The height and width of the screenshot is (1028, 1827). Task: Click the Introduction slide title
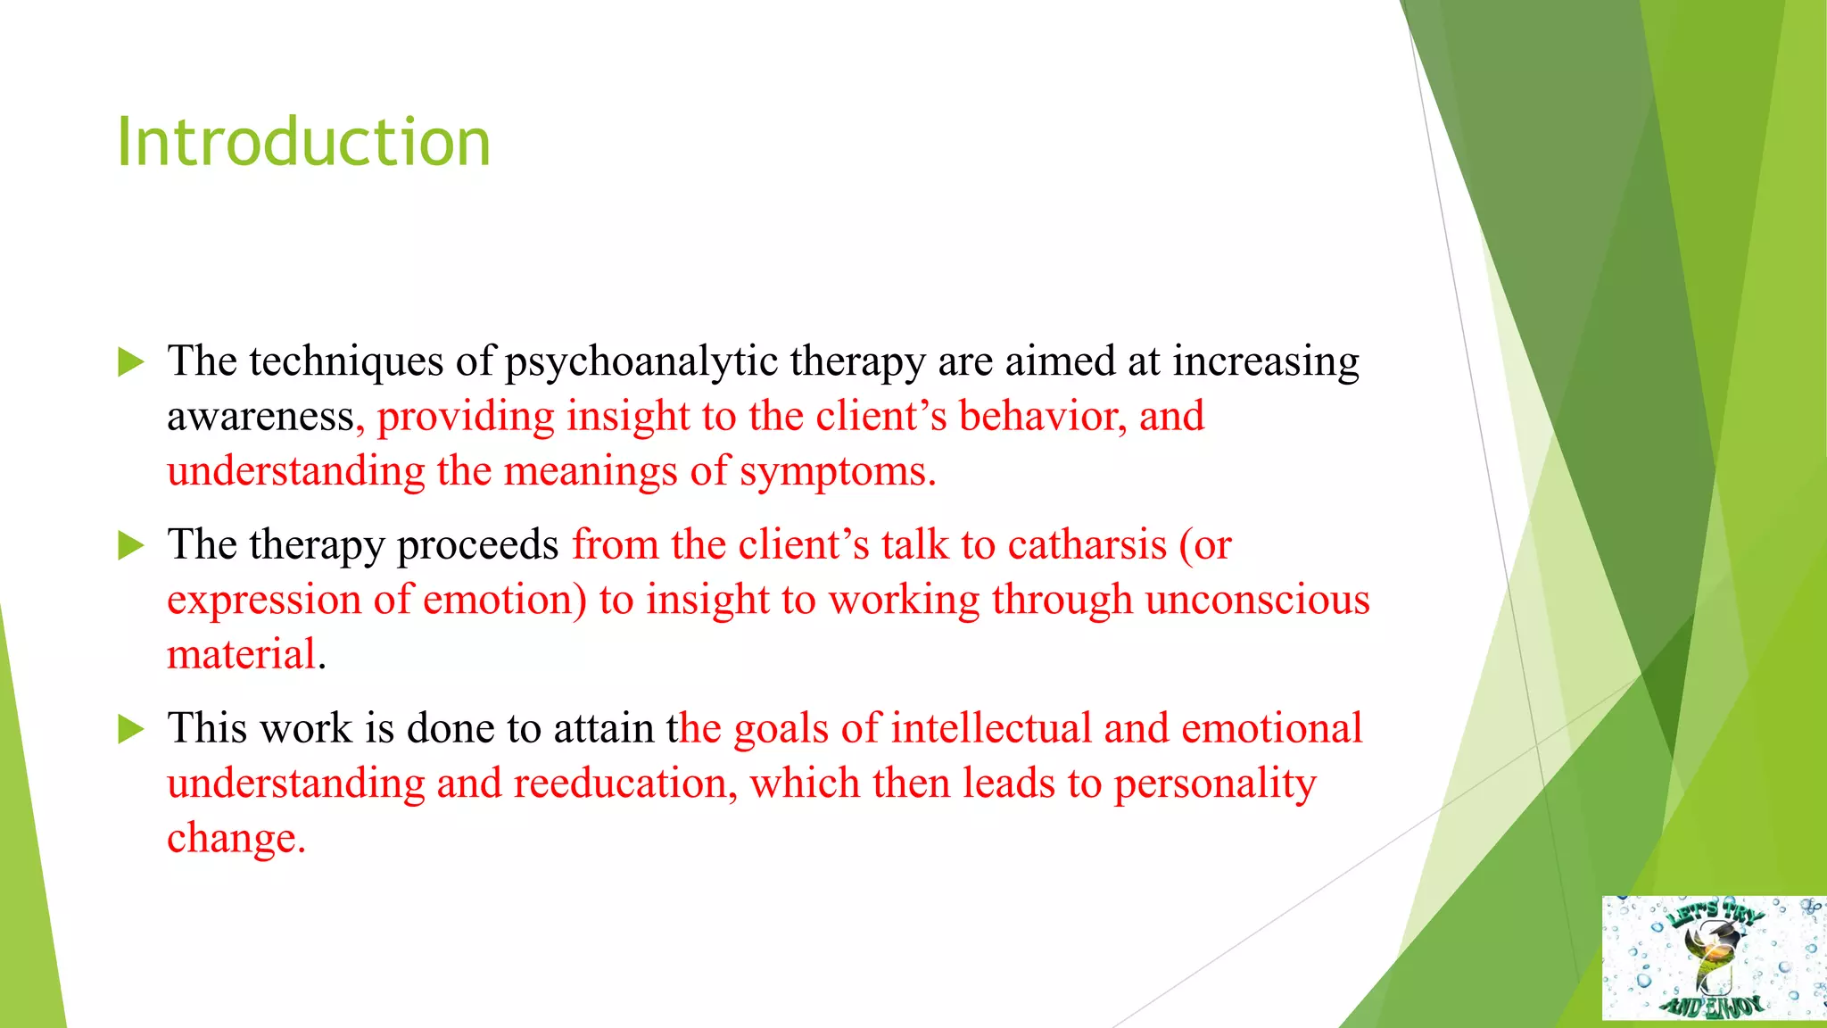pyautogui.click(x=303, y=143)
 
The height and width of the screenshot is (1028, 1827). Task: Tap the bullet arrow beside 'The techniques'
pyautogui.click(x=131, y=362)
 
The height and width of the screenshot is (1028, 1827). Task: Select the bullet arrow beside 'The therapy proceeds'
pyautogui.click(x=131, y=545)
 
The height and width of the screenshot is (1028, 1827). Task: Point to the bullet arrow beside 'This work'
pyautogui.click(x=131, y=729)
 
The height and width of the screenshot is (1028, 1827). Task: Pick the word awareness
pyautogui.click(x=260, y=417)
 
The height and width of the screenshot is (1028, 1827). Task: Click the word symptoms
pyautogui.click(x=836, y=472)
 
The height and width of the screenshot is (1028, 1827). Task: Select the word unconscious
pyautogui.click(x=1257, y=600)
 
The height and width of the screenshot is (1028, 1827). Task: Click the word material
pyautogui.click(x=242, y=655)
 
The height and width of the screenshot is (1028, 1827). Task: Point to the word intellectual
pyautogui.click(x=990, y=728)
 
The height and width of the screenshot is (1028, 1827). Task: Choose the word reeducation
pyautogui.click(x=620, y=783)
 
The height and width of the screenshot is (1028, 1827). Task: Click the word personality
pyautogui.click(x=1214, y=783)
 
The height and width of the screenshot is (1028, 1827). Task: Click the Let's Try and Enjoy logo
pyautogui.click(x=1713, y=958)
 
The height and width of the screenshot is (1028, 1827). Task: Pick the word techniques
pyautogui.click(x=346, y=362)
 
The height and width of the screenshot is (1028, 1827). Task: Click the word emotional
pyautogui.click(x=1271, y=728)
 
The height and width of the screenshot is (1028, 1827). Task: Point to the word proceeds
pyautogui.click(x=477, y=545)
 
